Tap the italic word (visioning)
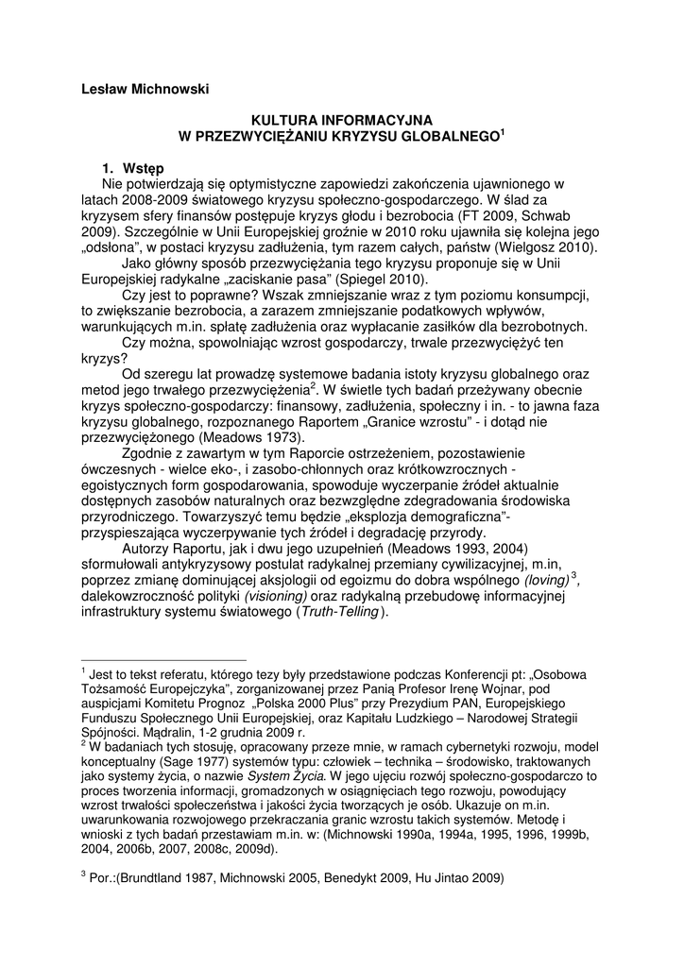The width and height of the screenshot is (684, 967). (276, 596)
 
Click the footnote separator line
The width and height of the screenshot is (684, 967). (163, 661)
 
